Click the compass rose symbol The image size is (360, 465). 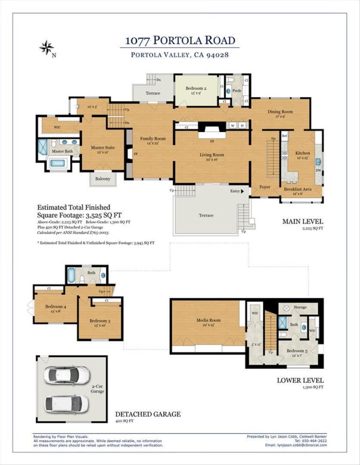coord(47,47)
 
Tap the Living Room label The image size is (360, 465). coord(211,155)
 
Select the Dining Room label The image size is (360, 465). coord(280,112)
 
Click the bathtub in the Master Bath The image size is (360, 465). coord(58,163)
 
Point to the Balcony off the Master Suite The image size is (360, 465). coord(102,179)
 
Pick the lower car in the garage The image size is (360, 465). coord(67,403)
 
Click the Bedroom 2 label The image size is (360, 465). coord(196,89)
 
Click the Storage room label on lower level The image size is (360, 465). coord(300,307)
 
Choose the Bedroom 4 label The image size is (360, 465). coord(56,307)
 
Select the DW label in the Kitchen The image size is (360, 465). coord(318,170)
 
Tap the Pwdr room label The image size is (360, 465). coord(236,91)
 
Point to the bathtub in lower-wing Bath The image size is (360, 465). coord(71,276)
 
